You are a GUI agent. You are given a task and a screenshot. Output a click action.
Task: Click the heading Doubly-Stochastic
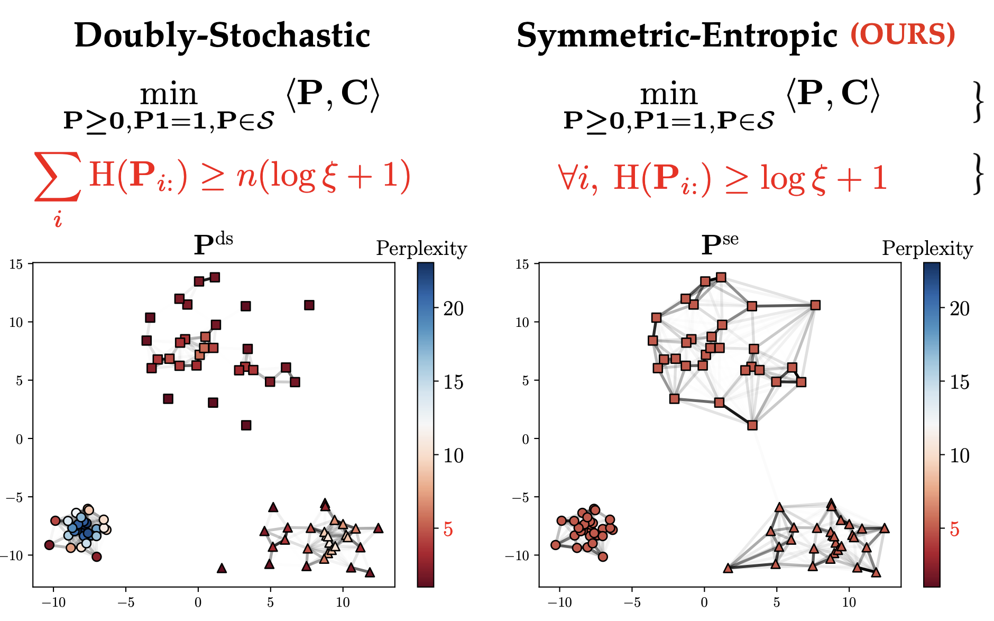pyautogui.click(x=222, y=36)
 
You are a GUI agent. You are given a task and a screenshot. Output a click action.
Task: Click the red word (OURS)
pyautogui.click(x=903, y=35)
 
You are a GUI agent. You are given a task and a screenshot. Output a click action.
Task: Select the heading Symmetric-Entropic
pyautogui.click(x=677, y=36)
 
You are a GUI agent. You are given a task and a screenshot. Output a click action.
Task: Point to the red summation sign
pyautogui.click(x=57, y=177)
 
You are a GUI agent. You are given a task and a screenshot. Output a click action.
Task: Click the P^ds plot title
pyautogui.click(x=213, y=244)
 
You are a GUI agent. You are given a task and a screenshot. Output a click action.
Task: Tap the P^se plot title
pyautogui.click(x=719, y=244)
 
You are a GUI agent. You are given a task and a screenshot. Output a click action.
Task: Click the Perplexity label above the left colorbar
pyautogui.click(x=421, y=249)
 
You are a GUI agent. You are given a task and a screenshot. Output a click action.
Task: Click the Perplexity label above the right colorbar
pyautogui.click(x=927, y=249)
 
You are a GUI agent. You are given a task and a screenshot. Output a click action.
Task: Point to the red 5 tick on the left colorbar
pyautogui.click(x=448, y=529)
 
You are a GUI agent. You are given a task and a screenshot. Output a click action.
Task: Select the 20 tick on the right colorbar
pyautogui.click(x=959, y=308)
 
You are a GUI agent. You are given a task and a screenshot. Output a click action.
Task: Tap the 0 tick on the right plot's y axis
pyautogui.click(x=525, y=439)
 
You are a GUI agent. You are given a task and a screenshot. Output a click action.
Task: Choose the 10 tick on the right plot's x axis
pyautogui.click(x=849, y=602)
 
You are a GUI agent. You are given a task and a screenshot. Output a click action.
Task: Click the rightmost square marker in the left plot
pyautogui.click(x=309, y=305)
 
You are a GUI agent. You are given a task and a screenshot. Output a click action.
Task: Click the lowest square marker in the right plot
pyautogui.click(x=752, y=425)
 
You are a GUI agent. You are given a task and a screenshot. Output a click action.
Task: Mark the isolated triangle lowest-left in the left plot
pyautogui.click(x=222, y=569)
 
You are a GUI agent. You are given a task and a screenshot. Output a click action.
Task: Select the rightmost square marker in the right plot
pyautogui.click(x=815, y=305)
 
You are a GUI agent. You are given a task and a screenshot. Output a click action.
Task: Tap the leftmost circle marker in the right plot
pyautogui.click(x=555, y=545)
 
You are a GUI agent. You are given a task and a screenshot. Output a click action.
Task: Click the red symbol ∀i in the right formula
pyautogui.click(x=578, y=178)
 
